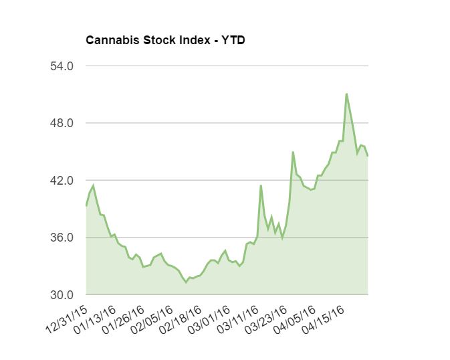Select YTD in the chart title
233,41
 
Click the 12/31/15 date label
67,319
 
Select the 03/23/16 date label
268,319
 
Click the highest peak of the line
346,94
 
